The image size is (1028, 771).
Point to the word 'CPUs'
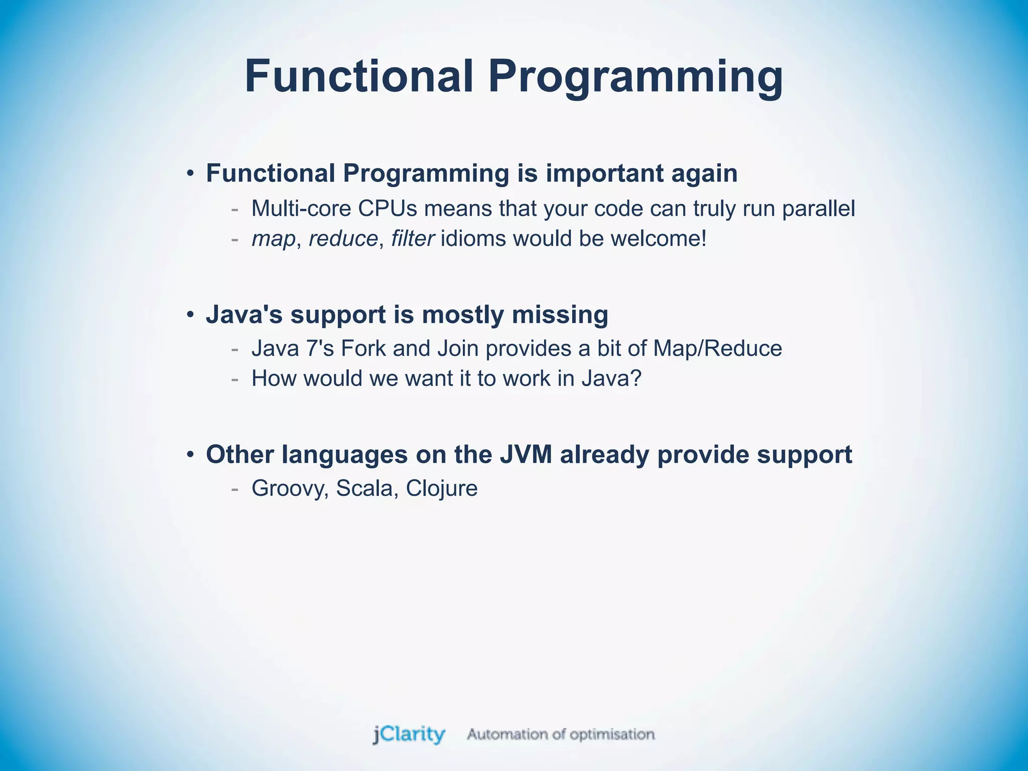pyautogui.click(x=388, y=208)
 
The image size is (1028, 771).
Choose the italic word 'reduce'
pyautogui.click(x=343, y=238)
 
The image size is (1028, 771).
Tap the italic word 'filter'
pyautogui.click(x=412, y=238)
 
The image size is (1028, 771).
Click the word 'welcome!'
pyautogui.click(x=659, y=238)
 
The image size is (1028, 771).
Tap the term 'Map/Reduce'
pyautogui.click(x=717, y=348)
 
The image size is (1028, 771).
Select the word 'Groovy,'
pyautogui.click(x=290, y=488)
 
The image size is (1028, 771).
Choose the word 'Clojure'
pyautogui.click(x=442, y=488)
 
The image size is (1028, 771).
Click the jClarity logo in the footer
pyautogui.click(x=409, y=734)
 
